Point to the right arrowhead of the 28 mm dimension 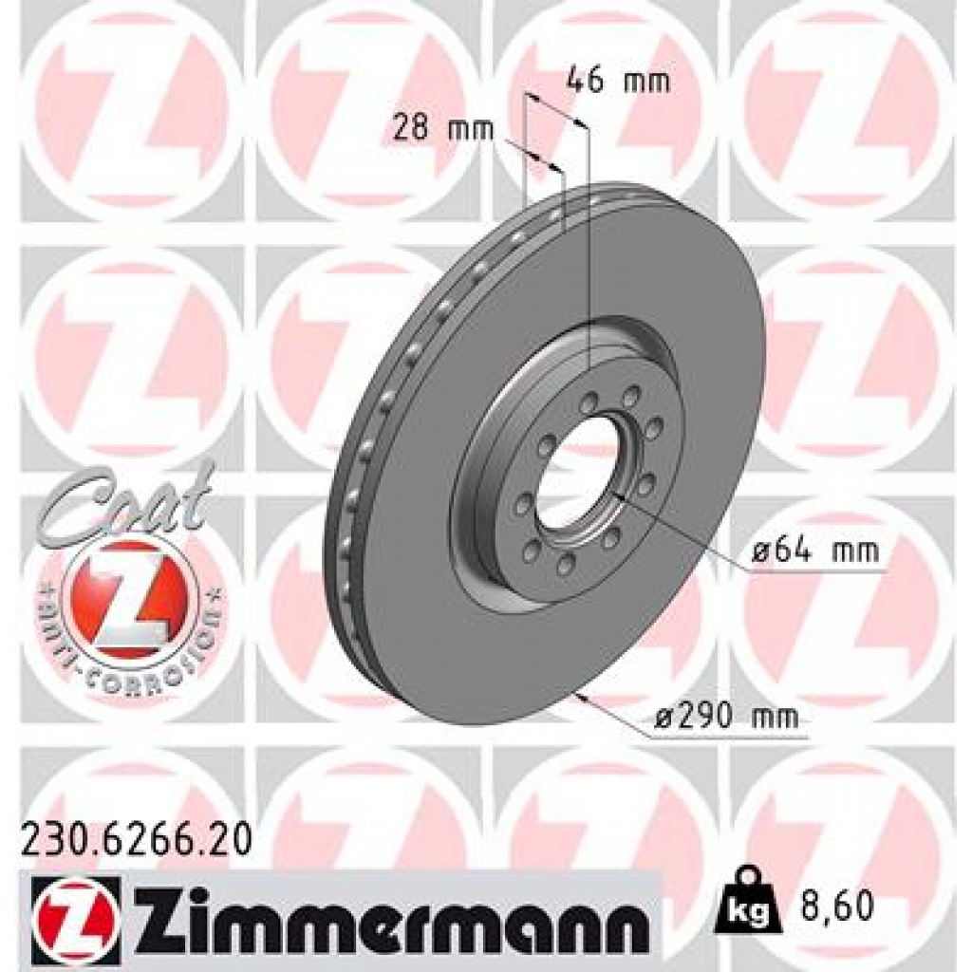(x=556, y=167)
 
